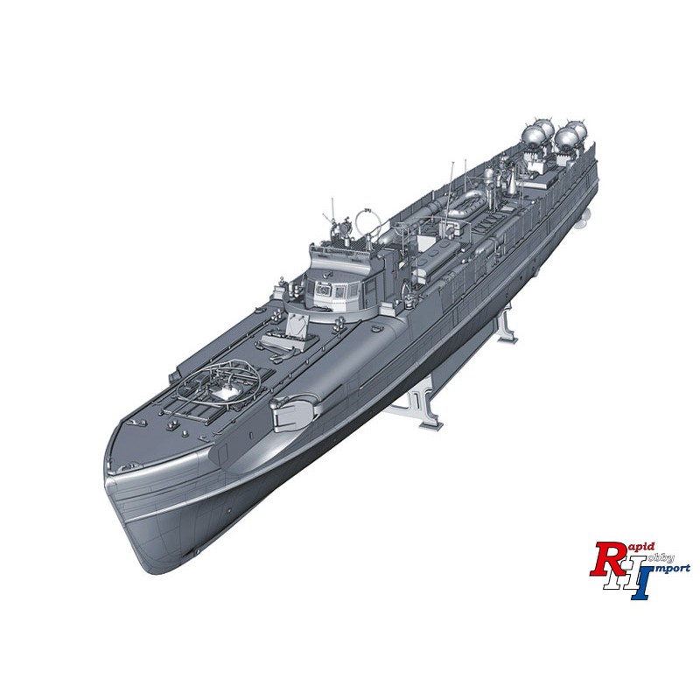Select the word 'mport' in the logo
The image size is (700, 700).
(674, 570)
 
